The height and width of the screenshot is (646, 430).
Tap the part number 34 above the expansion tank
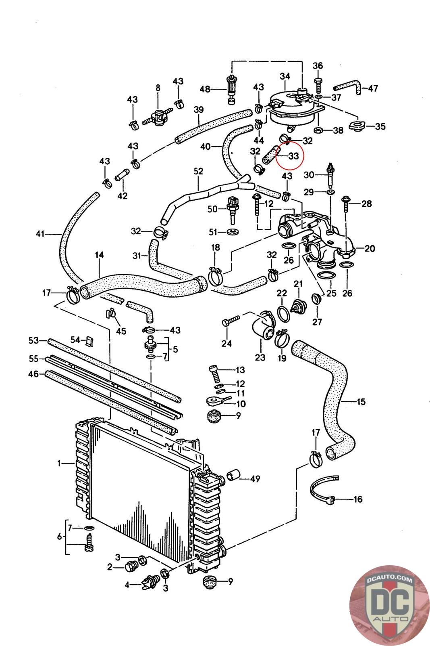click(285, 76)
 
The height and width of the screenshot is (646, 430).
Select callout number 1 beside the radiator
click(59, 464)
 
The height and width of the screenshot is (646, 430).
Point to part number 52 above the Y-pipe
click(198, 171)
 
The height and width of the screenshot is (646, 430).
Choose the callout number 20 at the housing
click(369, 248)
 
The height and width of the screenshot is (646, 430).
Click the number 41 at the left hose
click(39, 233)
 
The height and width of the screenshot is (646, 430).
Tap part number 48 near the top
click(205, 89)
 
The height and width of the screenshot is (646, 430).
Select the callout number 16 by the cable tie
click(357, 499)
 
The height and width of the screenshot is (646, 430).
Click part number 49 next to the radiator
click(255, 479)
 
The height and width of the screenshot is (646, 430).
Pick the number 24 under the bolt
click(226, 343)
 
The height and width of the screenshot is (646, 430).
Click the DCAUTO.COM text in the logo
click(389, 579)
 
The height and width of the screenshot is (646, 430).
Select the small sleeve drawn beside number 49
click(233, 476)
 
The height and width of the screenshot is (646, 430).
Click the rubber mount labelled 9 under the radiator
click(209, 583)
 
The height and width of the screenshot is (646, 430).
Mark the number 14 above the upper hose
click(100, 255)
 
